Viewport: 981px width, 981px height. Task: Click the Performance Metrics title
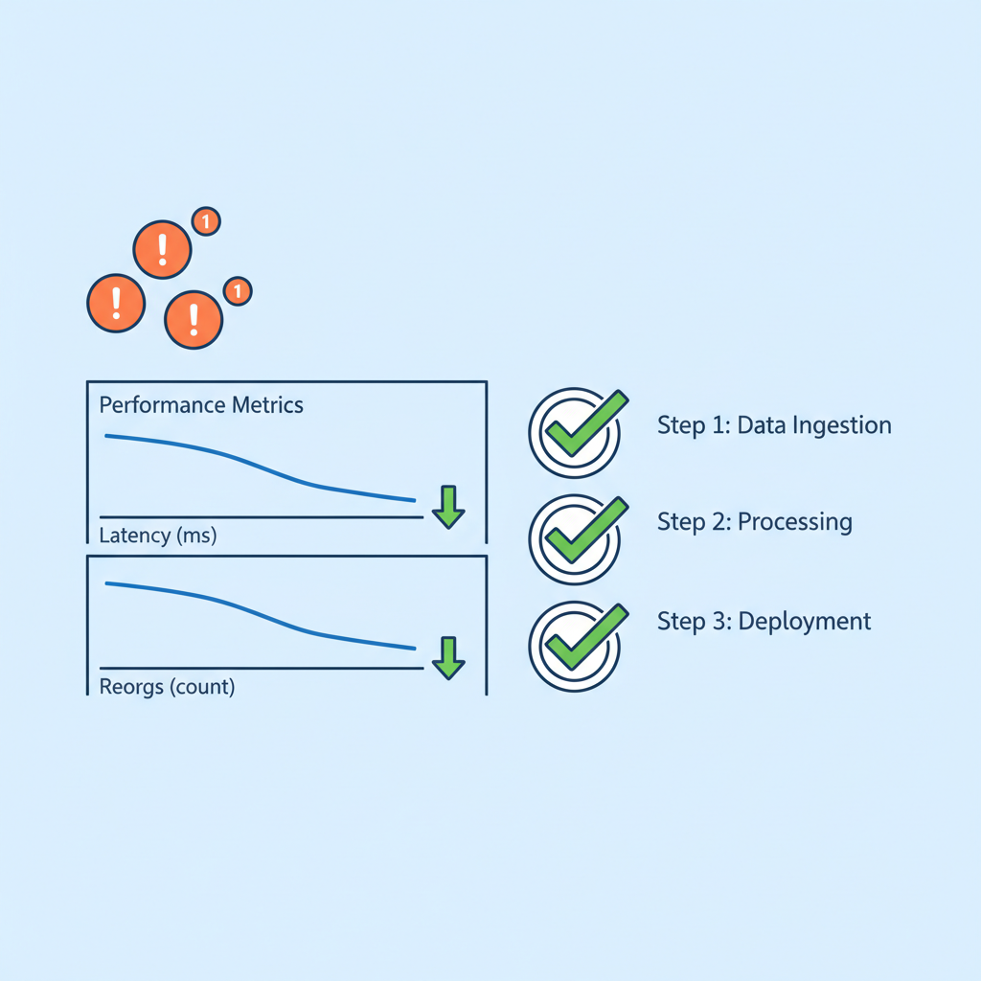[x=201, y=405]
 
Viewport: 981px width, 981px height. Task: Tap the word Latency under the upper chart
[x=135, y=536]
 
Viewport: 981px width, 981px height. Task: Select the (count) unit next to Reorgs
[x=201, y=687]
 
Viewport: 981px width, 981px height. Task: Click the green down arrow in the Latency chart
[x=447, y=507]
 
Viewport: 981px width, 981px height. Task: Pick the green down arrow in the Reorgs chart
[x=447, y=657]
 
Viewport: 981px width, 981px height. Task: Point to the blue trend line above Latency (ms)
[x=259, y=463]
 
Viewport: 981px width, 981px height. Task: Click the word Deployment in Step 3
[x=818, y=621]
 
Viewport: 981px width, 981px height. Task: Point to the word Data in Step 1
[x=759, y=425]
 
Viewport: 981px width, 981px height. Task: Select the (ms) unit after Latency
[x=196, y=536]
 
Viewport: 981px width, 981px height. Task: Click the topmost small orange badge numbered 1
[x=205, y=221]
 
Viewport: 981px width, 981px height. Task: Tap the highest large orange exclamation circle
[x=162, y=249]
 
